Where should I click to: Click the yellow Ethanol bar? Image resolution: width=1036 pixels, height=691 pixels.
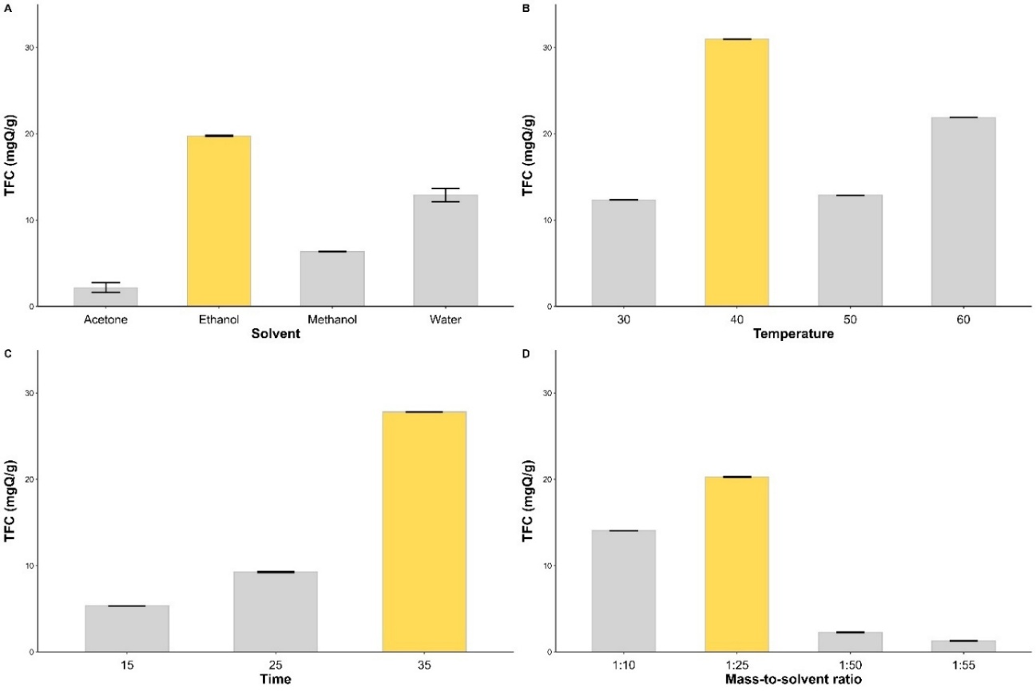click(219, 221)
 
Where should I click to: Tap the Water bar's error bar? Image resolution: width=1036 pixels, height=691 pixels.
click(446, 195)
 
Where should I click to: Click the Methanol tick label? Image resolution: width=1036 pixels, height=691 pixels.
click(332, 320)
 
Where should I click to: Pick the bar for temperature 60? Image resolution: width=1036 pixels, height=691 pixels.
click(963, 212)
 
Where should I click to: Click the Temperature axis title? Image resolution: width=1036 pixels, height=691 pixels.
click(793, 335)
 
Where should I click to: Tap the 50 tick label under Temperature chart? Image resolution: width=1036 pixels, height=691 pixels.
click(850, 320)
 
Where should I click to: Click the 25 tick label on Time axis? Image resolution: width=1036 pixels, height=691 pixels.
click(276, 665)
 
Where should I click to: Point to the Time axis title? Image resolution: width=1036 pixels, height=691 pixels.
click(276, 680)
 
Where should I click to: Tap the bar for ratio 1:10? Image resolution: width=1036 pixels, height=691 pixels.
click(623, 591)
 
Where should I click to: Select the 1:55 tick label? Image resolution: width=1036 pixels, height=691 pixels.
click(963, 665)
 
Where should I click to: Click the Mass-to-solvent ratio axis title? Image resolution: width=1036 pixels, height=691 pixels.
click(793, 680)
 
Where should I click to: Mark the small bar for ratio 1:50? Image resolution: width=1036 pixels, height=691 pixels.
click(850, 642)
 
